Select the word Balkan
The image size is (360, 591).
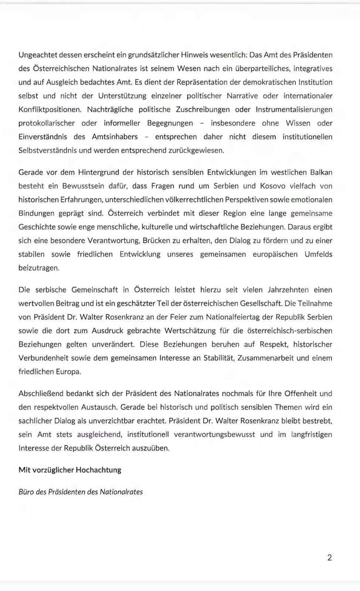point(321,172)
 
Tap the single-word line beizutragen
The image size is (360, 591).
point(39,268)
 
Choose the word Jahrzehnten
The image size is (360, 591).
point(288,290)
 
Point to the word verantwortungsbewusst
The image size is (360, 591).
point(214,435)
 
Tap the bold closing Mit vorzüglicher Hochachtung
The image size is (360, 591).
point(70,470)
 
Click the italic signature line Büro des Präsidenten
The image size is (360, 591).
point(81,492)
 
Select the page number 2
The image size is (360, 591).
point(329,558)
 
